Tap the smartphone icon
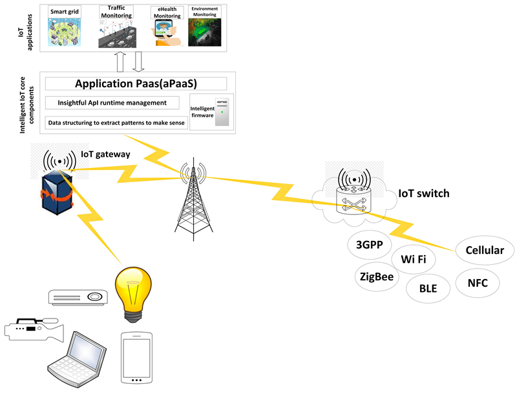pyautogui.click(x=136, y=357)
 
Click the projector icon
pyautogui.click(x=77, y=298)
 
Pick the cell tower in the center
pyautogui.click(x=193, y=200)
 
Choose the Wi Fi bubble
pyautogui.click(x=414, y=260)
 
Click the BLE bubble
pyautogui.click(x=428, y=289)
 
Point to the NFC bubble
pyautogui.click(x=476, y=282)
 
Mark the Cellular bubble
pyautogui.click(x=485, y=251)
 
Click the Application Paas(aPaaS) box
pyautogui.click(x=136, y=84)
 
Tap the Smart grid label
pyautogui.click(x=65, y=12)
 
